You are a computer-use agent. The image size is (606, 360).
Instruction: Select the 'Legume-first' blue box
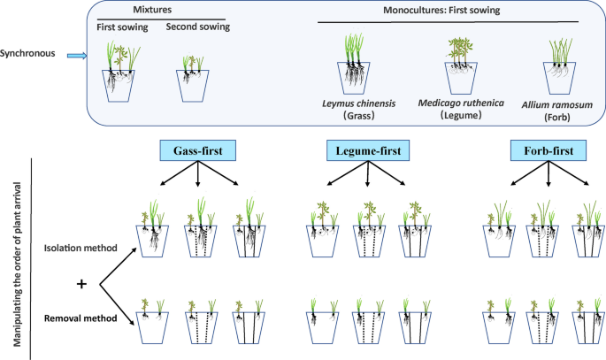coord(366,152)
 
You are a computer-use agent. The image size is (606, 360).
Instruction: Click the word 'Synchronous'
coord(30,53)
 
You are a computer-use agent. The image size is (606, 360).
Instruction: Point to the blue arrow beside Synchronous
coord(77,54)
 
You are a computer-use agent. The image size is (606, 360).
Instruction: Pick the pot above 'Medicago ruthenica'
coord(461,78)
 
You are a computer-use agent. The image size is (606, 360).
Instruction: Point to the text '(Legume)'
coord(461,117)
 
